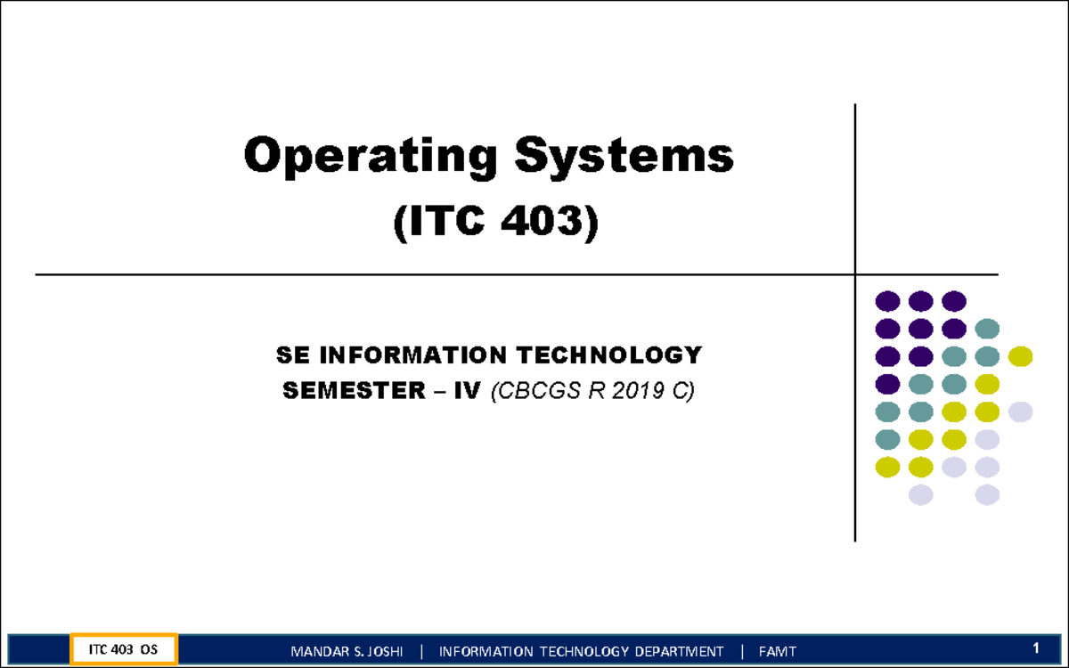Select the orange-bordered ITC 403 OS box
point(125,649)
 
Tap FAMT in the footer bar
point(778,651)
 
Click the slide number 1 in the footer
point(1036,648)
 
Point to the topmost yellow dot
point(1020,357)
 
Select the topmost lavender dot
point(1020,411)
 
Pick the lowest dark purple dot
point(887,385)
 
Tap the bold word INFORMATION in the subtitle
point(400,355)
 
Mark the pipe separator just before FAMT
point(741,651)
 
